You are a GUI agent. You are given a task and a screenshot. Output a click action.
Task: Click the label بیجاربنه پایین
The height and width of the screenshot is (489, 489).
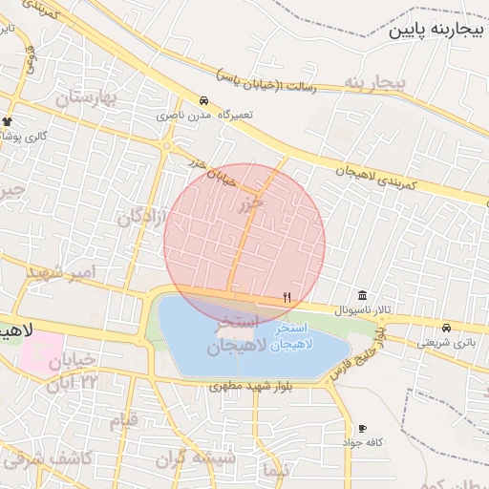click(x=438, y=31)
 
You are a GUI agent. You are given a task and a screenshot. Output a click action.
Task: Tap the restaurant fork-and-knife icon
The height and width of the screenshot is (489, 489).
click(x=287, y=298)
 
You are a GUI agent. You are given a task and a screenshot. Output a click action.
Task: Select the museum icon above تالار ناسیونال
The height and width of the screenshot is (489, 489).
click(x=362, y=296)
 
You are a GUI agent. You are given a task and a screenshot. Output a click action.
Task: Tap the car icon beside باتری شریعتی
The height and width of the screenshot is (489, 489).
click(x=446, y=328)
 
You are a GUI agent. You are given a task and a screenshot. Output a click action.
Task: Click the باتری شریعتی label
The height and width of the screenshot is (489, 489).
click(x=445, y=342)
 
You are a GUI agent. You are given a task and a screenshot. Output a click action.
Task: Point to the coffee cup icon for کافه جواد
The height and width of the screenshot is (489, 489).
click(x=362, y=429)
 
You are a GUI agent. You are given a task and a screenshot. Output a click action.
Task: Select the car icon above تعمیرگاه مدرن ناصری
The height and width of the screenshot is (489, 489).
click(x=203, y=100)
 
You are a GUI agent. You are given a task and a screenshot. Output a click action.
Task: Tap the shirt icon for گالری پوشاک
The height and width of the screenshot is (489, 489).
click(x=8, y=122)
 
